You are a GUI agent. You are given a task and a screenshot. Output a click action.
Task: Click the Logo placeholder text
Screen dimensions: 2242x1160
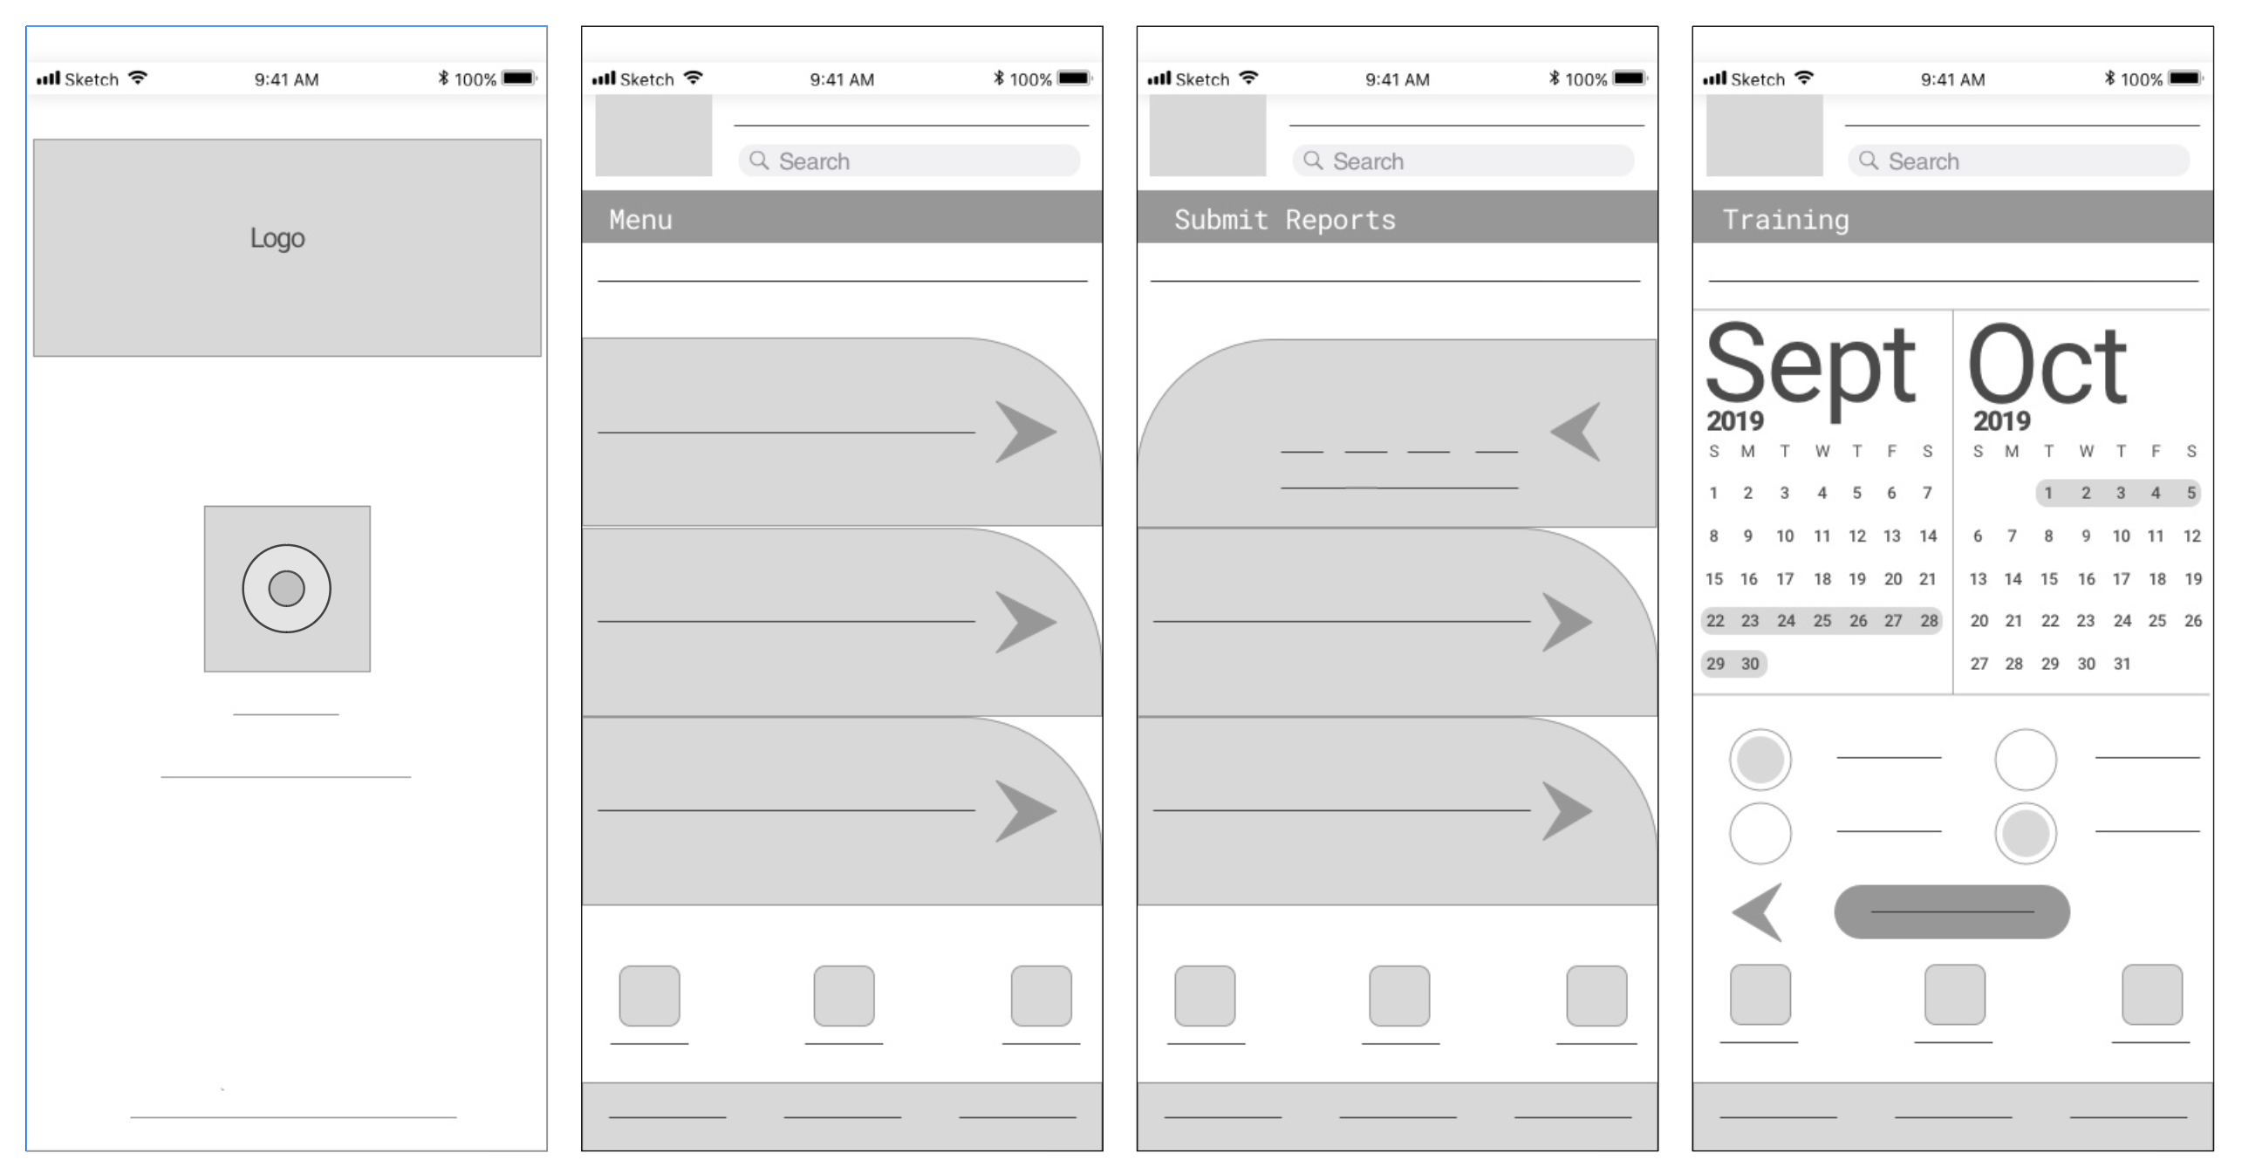pos(277,238)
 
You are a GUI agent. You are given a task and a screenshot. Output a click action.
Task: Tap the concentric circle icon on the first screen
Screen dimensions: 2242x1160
pos(286,589)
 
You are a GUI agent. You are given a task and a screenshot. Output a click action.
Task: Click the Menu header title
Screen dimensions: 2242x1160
pos(640,219)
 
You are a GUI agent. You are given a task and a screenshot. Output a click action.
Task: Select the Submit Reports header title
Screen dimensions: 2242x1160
pos(1284,219)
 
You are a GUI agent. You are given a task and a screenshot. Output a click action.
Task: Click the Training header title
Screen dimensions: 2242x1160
pos(1785,219)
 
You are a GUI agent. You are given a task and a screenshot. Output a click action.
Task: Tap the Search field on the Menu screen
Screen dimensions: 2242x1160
pos(909,160)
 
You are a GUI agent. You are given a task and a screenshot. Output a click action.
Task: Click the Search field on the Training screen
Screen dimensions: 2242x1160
pos(2018,160)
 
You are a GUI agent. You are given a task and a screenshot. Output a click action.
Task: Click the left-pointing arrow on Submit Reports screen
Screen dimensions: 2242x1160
pos(1576,432)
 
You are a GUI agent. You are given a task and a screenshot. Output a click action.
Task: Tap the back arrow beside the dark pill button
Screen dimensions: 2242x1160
pos(1757,912)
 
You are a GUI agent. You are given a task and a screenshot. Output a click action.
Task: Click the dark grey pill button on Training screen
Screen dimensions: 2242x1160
pos(1951,912)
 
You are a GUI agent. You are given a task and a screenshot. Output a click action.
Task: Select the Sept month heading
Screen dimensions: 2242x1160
pos(1811,365)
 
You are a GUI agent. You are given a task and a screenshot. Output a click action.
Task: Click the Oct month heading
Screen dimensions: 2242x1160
pos(2047,364)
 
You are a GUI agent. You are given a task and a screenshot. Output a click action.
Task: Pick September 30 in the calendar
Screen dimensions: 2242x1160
pos(1750,664)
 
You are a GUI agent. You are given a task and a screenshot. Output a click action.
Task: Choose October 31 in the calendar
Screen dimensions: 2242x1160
pos(2122,664)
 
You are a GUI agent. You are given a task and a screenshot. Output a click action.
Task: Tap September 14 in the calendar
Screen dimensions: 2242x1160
pos(1928,536)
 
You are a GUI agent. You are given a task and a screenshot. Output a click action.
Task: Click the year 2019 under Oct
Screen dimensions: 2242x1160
pos(2002,421)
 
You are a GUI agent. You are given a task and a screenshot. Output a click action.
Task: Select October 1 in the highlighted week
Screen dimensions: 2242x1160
pos(2048,493)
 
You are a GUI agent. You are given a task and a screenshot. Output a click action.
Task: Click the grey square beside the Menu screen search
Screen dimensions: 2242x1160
pos(653,135)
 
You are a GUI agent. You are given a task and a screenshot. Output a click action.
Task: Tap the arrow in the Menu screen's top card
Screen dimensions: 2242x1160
pos(1026,432)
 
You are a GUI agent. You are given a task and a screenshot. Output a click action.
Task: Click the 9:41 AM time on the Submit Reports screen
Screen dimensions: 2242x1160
pos(1398,79)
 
